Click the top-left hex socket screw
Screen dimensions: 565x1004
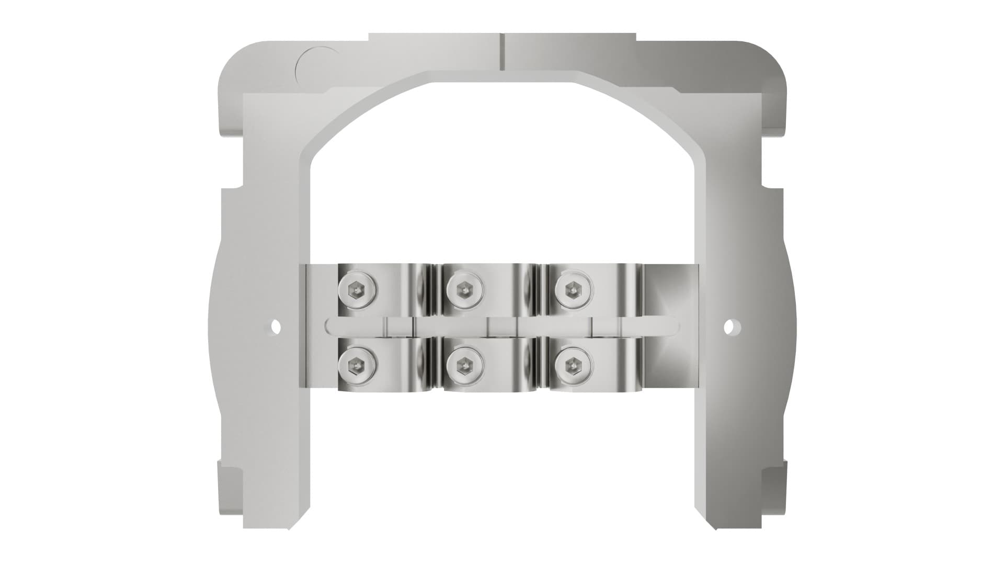[x=357, y=289]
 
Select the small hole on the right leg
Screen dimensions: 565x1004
[x=728, y=327]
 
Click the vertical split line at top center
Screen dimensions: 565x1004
[x=501, y=51]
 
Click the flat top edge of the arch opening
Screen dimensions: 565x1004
[x=502, y=82]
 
